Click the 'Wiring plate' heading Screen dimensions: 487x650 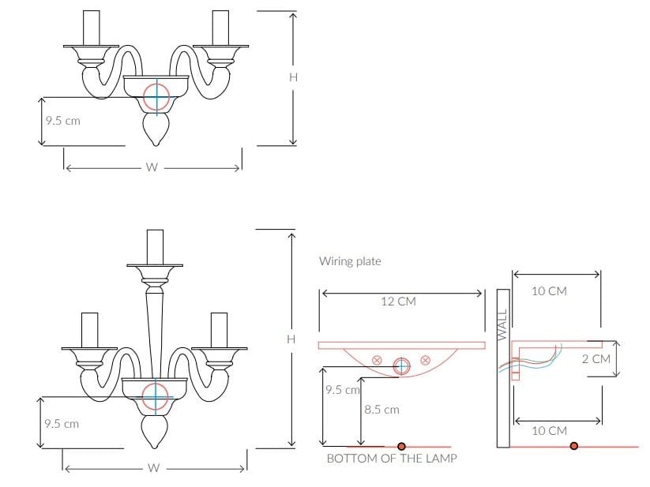pyautogui.click(x=349, y=260)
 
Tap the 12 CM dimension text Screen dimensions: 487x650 pyautogui.click(x=398, y=301)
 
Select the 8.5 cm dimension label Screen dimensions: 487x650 pyautogui.click(x=382, y=410)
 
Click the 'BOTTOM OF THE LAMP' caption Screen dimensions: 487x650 pyautogui.click(x=391, y=458)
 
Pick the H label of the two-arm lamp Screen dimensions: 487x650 pyautogui.click(x=292, y=77)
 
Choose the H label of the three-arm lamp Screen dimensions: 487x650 pyautogui.click(x=291, y=339)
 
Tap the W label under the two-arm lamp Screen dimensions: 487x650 pyautogui.click(x=152, y=167)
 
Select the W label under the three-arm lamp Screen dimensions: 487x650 pyautogui.click(x=153, y=468)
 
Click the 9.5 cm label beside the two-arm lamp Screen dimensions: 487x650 pyautogui.click(x=62, y=121)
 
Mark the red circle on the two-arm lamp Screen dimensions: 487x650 pyautogui.click(x=156, y=96)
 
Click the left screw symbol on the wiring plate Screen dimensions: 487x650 pyautogui.click(x=377, y=361)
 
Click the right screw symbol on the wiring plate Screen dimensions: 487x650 pyautogui.click(x=426, y=361)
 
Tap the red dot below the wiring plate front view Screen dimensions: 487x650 pyautogui.click(x=401, y=446)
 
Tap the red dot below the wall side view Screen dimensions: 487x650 pyautogui.click(x=574, y=446)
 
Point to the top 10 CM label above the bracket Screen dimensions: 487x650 pyautogui.click(x=548, y=291)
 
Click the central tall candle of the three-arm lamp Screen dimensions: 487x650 pyautogui.click(x=155, y=246)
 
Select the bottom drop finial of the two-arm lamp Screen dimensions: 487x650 pyautogui.click(x=155, y=129)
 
